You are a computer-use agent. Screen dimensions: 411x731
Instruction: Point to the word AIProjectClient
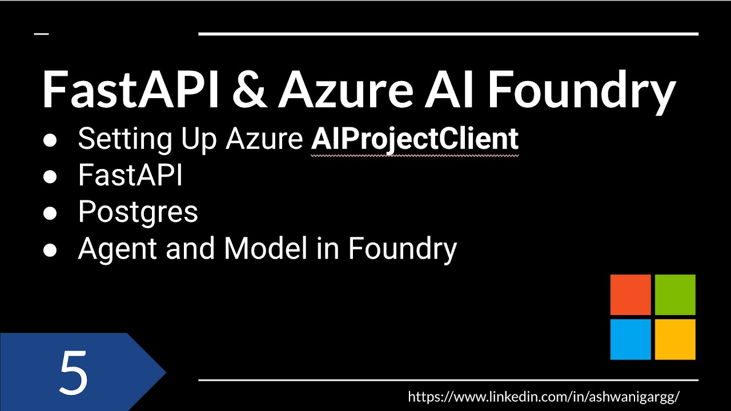tap(415, 139)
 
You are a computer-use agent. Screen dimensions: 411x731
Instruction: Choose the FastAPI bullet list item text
tap(130, 176)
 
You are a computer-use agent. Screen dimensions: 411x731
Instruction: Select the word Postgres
tap(138, 212)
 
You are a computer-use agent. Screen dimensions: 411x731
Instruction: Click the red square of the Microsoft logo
tap(630, 295)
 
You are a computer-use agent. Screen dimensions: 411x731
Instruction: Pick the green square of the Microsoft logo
tap(675, 295)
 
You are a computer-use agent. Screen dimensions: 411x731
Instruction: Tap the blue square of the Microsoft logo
tap(630, 339)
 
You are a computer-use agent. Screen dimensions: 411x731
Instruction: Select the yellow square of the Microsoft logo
tap(675, 339)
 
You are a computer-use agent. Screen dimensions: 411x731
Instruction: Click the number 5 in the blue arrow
tap(74, 373)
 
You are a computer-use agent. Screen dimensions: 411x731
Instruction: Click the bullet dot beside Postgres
tap(50, 213)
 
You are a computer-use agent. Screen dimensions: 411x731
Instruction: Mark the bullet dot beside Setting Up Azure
tap(50, 140)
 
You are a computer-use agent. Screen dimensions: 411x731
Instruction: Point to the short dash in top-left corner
tap(41, 34)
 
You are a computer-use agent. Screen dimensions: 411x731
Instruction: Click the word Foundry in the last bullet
tap(402, 249)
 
